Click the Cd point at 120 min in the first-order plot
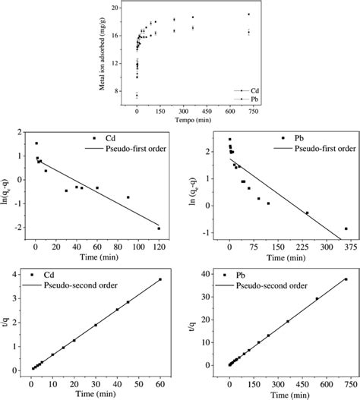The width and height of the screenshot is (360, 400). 159,228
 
